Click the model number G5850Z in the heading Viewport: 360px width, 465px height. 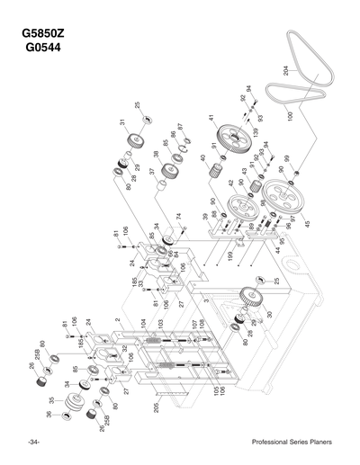tap(52, 37)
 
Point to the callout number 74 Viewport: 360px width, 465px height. tap(180, 217)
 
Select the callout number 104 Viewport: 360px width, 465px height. tap(141, 321)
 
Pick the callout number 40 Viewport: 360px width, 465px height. tap(204, 158)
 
